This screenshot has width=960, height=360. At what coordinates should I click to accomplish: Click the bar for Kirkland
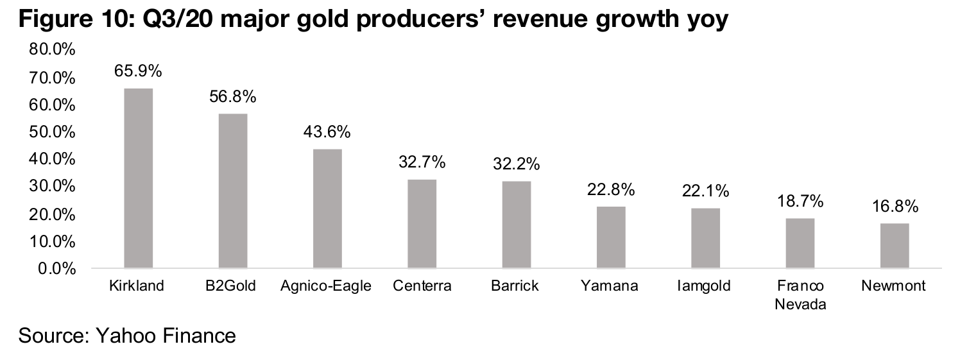pyautogui.click(x=138, y=178)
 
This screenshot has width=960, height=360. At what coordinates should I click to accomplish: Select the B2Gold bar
pyautogui.click(x=233, y=191)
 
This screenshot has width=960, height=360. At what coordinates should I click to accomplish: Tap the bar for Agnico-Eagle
pyautogui.click(x=327, y=209)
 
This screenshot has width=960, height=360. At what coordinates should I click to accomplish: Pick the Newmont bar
pyautogui.click(x=895, y=245)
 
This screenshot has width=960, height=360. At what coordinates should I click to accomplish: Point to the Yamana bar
pyautogui.click(x=611, y=237)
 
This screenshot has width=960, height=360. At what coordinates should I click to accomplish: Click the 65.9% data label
pyautogui.click(x=138, y=71)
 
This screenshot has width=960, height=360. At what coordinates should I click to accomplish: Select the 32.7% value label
pyautogui.click(x=422, y=162)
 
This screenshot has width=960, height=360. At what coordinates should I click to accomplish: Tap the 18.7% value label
pyautogui.click(x=800, y=201)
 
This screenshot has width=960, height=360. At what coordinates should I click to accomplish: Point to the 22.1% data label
pyautogui.click(x=705, y=191)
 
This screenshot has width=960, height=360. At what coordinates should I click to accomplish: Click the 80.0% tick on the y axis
pyautogui.click(x=53, y=50)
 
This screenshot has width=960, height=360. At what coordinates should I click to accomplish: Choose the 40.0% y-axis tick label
pyautogui.click(x=53, y=159)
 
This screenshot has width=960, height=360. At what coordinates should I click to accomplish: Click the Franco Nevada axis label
pyautogui.click(x=800, y=295)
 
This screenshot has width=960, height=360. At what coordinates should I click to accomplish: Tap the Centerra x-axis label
pyautogui.click(x=422, y=286)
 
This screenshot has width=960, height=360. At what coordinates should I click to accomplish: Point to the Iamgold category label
pyautogui.click(x=705, y=286)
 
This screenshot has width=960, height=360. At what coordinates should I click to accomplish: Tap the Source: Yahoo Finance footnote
pyautogui.click(x=127, y=336)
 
